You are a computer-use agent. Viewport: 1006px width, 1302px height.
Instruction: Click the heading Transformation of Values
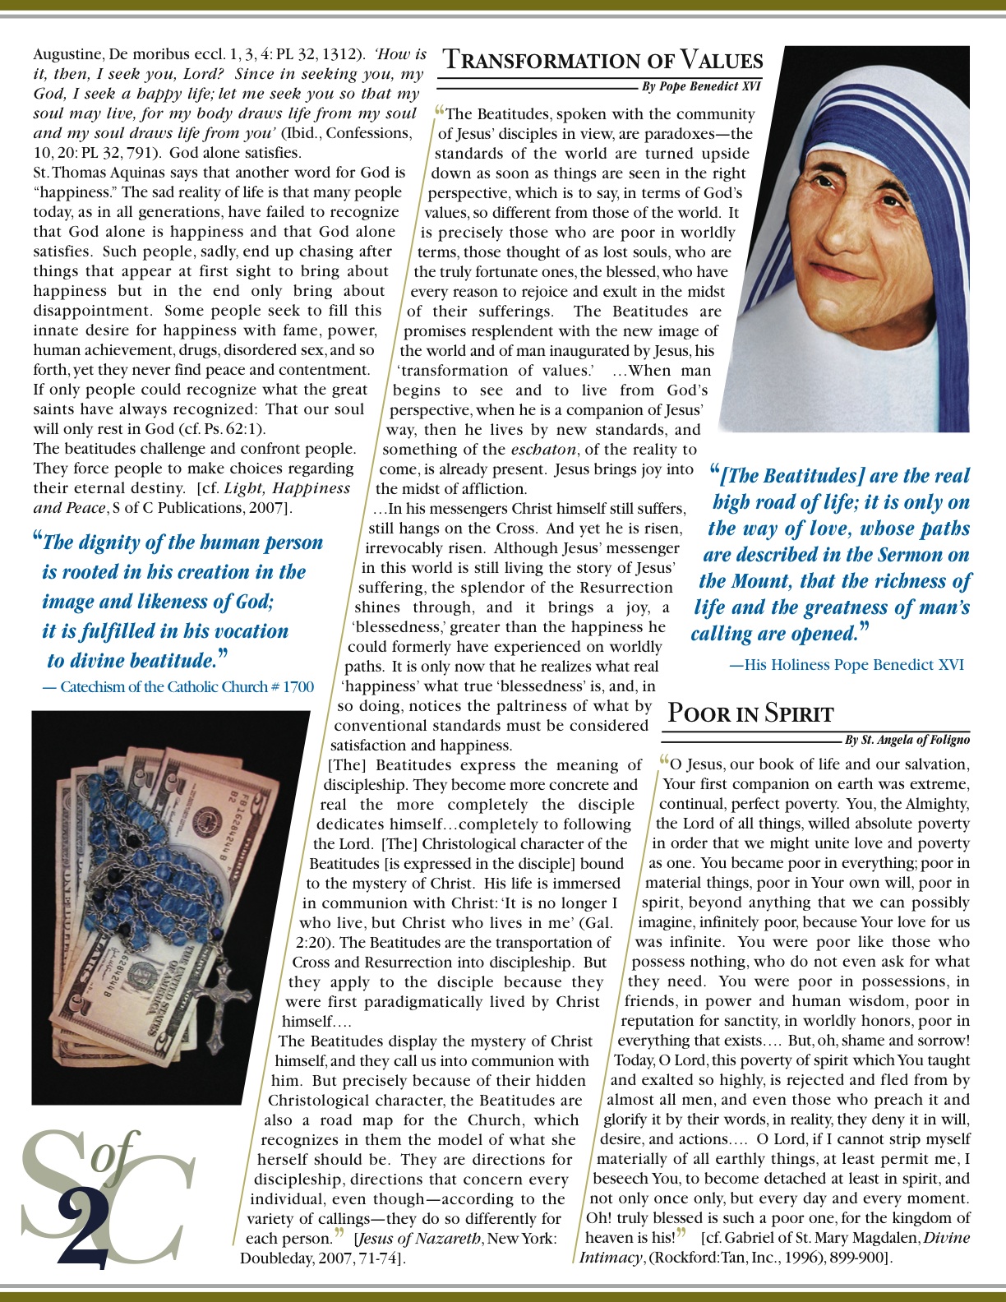point(602,61)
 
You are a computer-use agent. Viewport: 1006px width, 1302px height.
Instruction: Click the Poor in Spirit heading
point(750,713)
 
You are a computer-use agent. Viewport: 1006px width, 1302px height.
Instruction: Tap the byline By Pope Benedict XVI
point(701,86)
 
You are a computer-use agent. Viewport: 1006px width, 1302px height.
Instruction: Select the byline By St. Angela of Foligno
point(907,740)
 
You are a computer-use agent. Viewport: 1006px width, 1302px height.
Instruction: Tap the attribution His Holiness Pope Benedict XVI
point(847,665)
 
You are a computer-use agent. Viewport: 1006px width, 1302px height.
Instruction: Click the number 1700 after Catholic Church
point(298,687)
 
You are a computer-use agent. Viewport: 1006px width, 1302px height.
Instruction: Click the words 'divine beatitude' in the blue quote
point(132,661)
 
